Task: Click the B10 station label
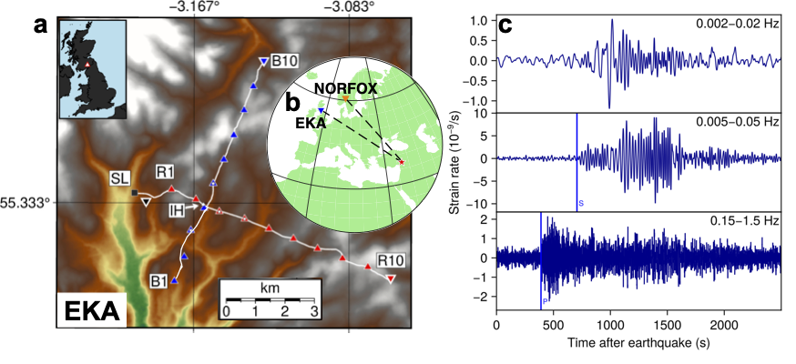click(285, 61)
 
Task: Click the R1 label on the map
click(165, 170)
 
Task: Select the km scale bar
click(270, 299)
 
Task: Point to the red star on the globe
click(403, 161)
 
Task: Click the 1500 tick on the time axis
click(667, 324)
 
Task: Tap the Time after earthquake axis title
click(638, 344)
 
